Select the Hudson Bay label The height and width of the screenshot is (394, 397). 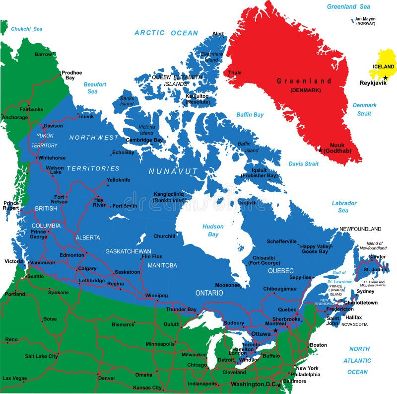click(213, 230)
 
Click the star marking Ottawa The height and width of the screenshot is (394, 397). click(275, 330)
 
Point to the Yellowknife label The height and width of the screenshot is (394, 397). click(118, 180)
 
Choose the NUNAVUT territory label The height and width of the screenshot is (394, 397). click(173, 171)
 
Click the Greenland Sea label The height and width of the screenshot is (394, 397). click(348, 6)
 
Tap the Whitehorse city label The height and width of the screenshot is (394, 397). click(52, 158)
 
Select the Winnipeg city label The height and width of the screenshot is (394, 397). click(156, 295)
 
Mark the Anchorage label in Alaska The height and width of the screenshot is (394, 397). click(14, 117)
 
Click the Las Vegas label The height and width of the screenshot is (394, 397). click(14, 378)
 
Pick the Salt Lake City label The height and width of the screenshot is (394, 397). click(42, 356)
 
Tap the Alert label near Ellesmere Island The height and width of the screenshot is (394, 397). click(218, 34)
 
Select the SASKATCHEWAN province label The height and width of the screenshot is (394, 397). click(129, 251)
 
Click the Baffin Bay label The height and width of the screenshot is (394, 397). click(250, 115)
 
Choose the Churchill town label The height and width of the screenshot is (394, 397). click(164, 236)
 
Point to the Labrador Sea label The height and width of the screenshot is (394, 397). click(344, 207)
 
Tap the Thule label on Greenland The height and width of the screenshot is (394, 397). click(235, 73)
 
